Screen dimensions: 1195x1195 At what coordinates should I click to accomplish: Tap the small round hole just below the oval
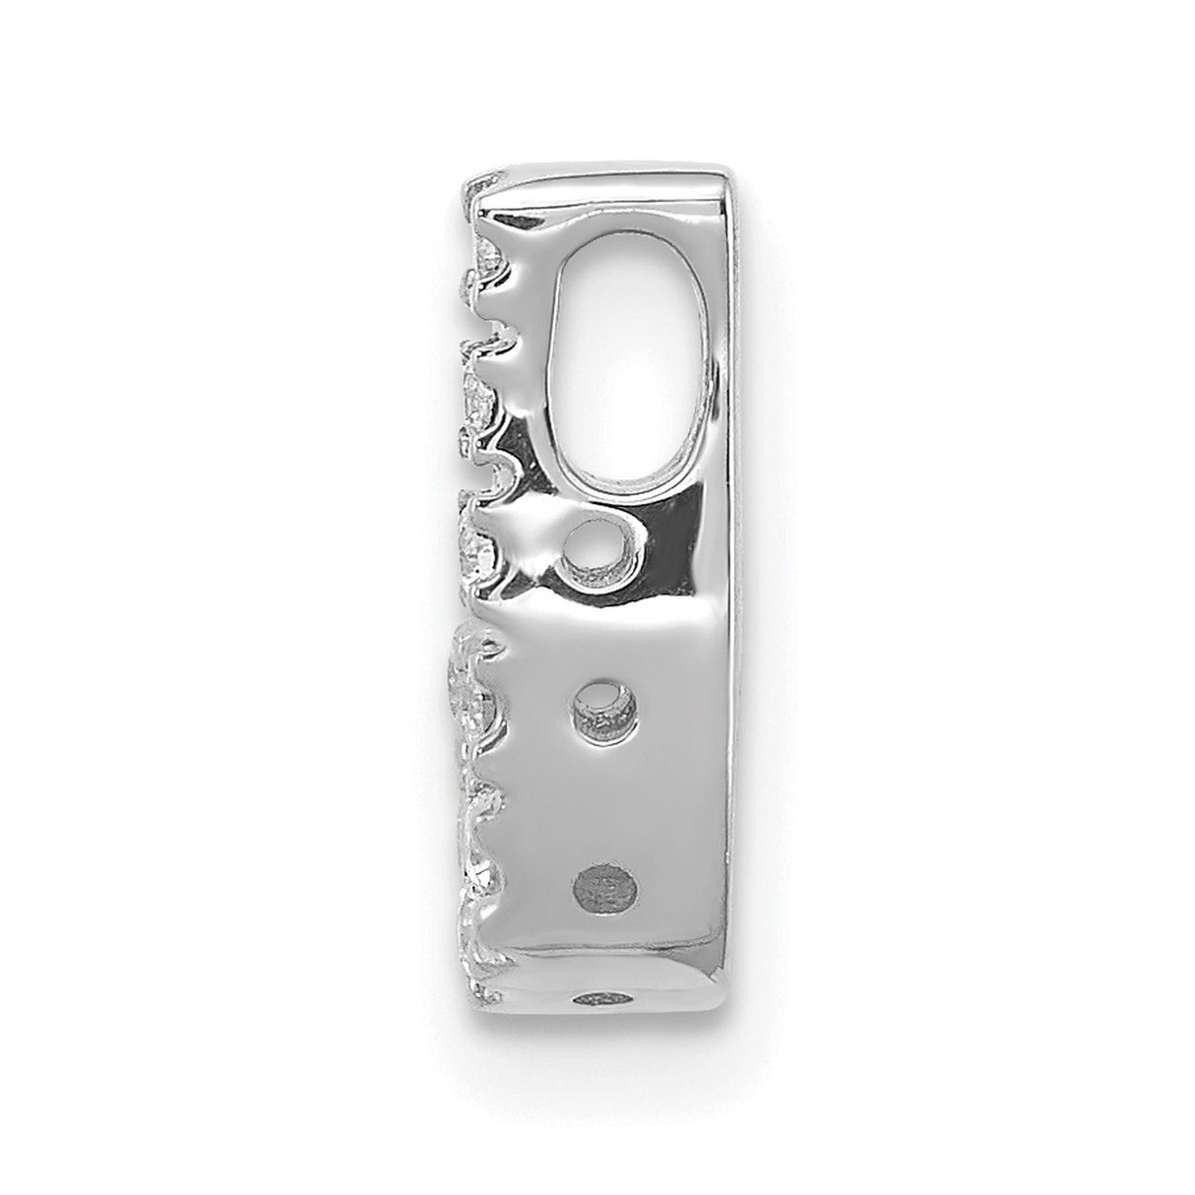click(591, 553)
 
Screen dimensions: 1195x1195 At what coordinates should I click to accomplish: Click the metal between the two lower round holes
click(602, 787)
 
